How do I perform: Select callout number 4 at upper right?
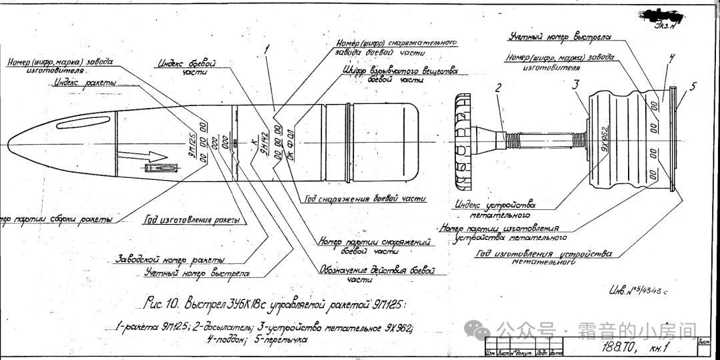tap(671, 58)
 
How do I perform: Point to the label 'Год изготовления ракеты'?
tap(193, 220)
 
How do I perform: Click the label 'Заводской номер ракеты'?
tap(171, 259)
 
